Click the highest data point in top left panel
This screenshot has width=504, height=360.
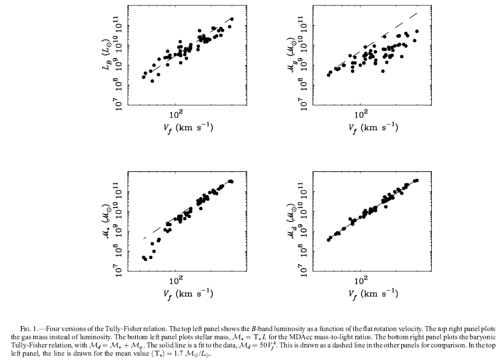coord(232,19)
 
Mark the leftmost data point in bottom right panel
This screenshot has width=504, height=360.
coord(329,240)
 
